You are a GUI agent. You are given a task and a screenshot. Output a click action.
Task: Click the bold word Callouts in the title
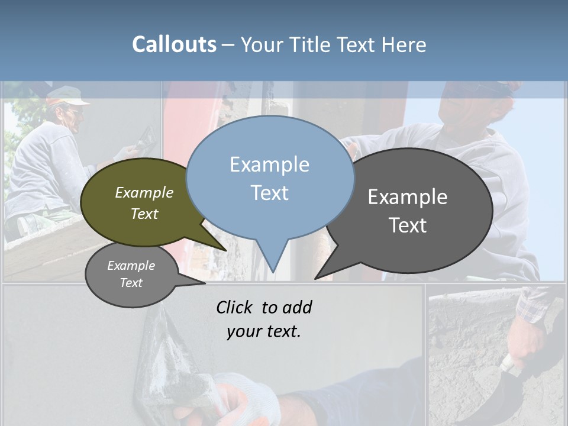[x=174, y=44]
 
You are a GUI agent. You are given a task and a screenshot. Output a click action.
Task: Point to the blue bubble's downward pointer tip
[x=273, y=270]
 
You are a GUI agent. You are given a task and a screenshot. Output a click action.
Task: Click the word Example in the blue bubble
[x=269, y=164]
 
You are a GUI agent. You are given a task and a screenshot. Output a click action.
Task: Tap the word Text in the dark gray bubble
[x=408, y=225]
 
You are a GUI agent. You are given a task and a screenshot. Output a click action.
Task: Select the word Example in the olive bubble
[x=144, y=192]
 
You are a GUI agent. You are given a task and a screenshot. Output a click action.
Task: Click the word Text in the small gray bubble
[x=131, y=283]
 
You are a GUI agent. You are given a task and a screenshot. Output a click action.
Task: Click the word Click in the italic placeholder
[x=235, y=307]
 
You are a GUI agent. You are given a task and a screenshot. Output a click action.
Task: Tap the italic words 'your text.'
[x=264, y=331]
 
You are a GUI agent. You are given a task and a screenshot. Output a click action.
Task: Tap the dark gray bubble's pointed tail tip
[x=317, y=277]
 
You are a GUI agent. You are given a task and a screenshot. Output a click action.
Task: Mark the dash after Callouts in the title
[x=228, y=45]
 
